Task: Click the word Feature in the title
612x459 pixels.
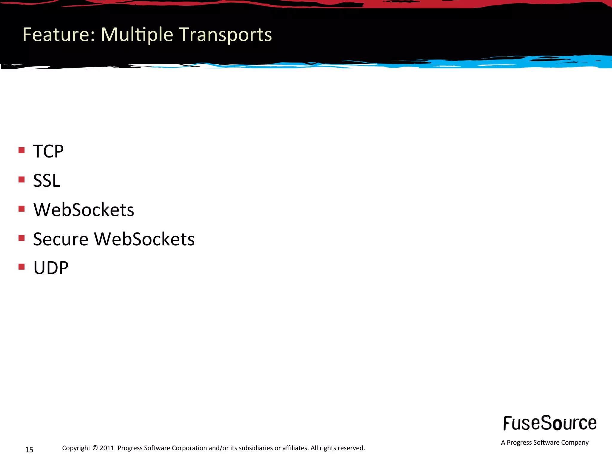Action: [59, 35]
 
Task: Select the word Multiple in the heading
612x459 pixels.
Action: [137, 35]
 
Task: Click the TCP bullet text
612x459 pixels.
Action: [48, 151]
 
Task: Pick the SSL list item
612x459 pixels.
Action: [47, 180]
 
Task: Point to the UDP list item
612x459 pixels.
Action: [51, 268]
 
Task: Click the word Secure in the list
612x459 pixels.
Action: [61, 239]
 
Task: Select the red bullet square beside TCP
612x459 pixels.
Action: [22, 150]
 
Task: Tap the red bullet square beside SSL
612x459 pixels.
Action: [22, 179]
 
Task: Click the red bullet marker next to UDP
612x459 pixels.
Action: [22, 267]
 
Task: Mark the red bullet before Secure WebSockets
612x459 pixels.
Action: [22, 238]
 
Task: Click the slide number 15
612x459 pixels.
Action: [29, 450]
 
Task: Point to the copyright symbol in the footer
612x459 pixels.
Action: [95, 448]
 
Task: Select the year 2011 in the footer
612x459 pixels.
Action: [107, 448]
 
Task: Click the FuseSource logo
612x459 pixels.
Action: [550, 423]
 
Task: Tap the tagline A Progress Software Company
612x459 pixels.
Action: [545, 443]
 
